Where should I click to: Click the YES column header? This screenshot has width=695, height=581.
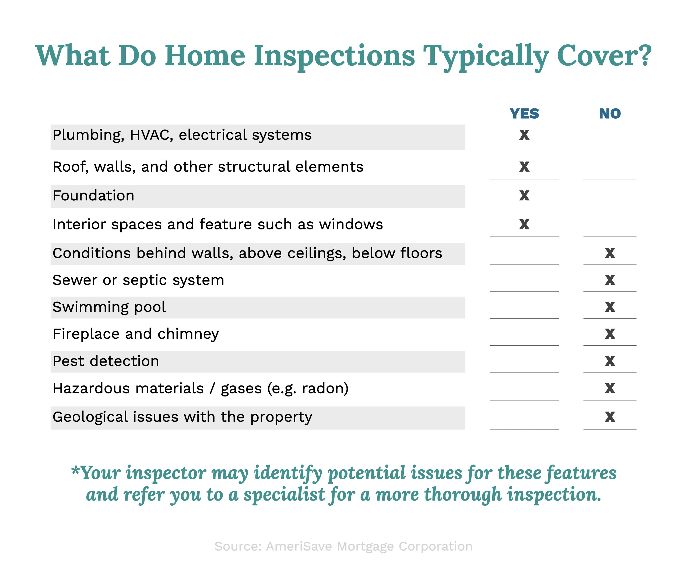pos(524,114)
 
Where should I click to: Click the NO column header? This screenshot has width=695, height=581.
pos(610,114)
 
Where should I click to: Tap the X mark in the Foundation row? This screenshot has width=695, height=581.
pos(524,196)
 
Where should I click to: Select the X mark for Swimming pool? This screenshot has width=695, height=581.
pos(610,307)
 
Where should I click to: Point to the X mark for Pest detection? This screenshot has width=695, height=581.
pos(610,361)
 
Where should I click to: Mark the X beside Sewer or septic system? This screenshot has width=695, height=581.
pos(610,280)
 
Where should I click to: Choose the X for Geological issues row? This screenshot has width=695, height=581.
pos(610,417)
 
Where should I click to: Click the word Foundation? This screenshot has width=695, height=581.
pos(94,196)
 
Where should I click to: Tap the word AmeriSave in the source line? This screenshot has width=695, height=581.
pos(299,547)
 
